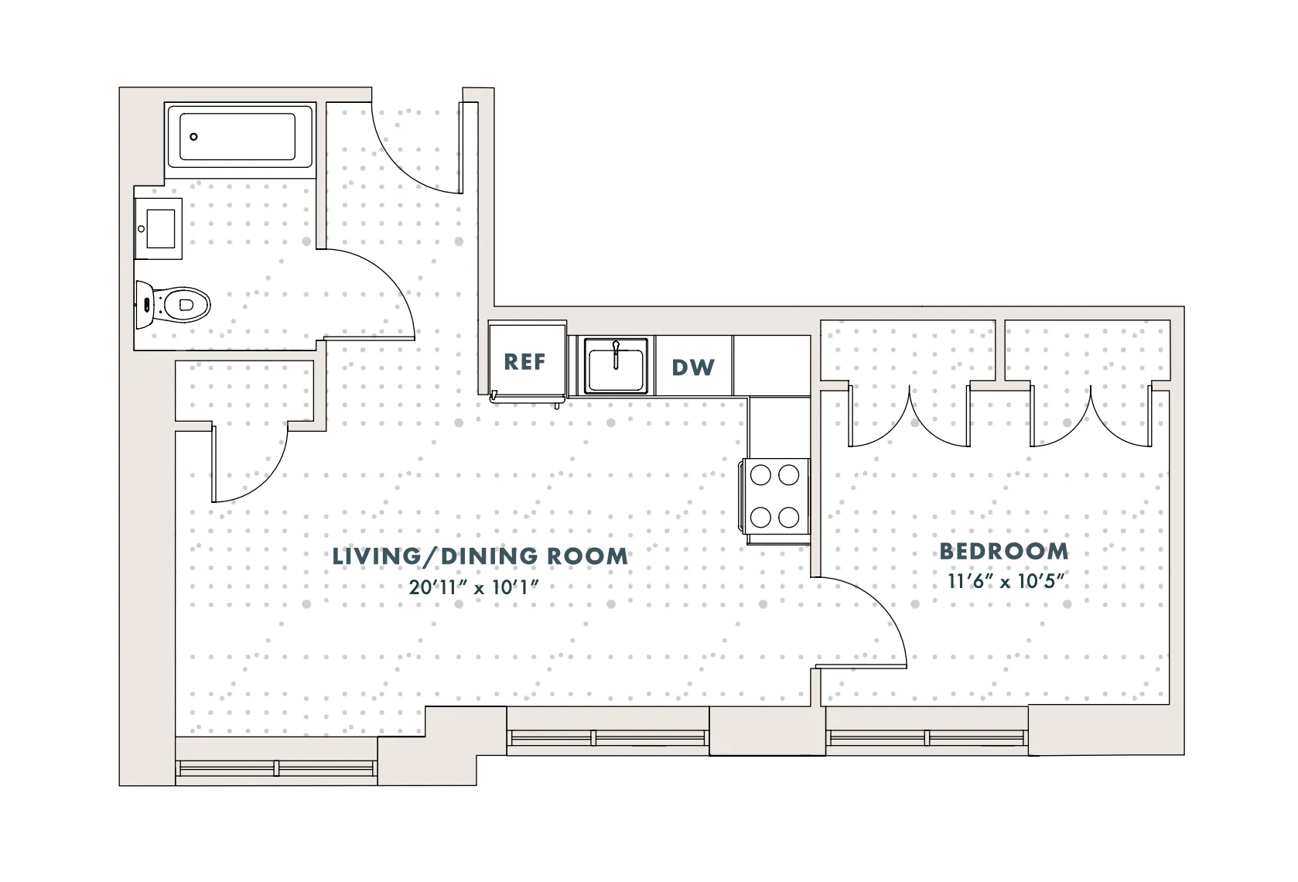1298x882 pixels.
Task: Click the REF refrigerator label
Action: tap(524, 362)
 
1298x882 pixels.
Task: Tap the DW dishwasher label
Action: tap(692, 367)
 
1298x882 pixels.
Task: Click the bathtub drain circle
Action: tap(194, 137)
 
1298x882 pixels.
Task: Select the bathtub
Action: tap(238, 138)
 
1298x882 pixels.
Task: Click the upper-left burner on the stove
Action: tap(760, 475)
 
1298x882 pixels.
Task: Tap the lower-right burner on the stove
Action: tap(788, 516)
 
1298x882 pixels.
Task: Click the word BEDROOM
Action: tap(1004, 552)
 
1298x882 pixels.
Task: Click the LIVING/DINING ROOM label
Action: tap(480, 556)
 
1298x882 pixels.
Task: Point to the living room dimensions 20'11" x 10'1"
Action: tap(473, 587)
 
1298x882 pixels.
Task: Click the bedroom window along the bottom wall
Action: tap(928, 737)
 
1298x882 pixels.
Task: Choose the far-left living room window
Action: tap(276, 768)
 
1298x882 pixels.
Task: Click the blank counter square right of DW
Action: tap(771, 365)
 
